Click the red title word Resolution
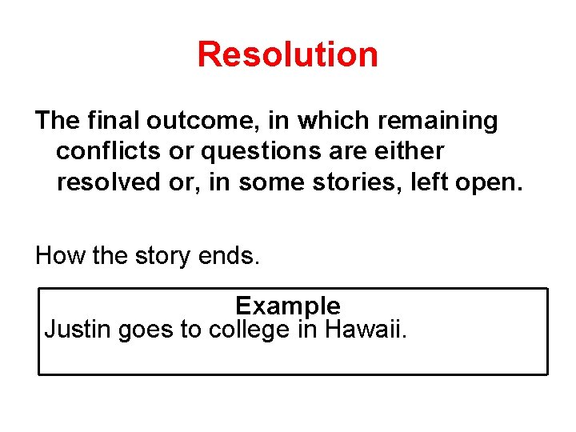[x=287, y=54]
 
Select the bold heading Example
[x=288, y=306]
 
